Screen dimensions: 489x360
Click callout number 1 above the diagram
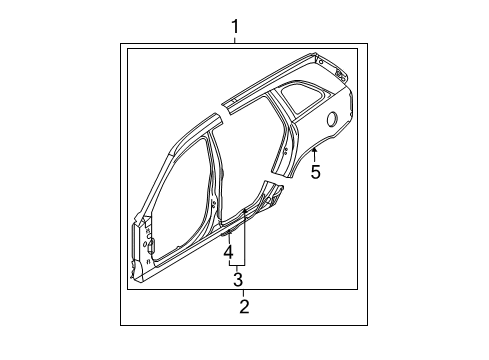point(235,25)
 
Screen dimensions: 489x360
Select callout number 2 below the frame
point(243,306)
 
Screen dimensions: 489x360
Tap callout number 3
point(237,279)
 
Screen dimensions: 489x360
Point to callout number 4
point(228,251)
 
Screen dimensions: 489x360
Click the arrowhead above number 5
point(314,150)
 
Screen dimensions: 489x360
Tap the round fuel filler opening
point(331,119)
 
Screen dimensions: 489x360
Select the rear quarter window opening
point(297,98)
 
